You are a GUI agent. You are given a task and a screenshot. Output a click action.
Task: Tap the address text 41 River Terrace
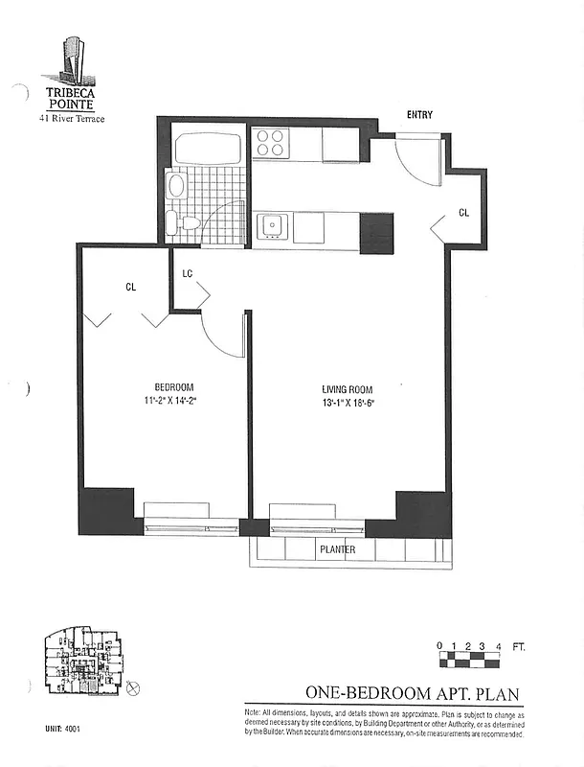71,118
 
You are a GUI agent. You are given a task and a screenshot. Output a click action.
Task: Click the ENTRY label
419,115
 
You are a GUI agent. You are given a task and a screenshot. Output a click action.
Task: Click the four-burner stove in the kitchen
271,144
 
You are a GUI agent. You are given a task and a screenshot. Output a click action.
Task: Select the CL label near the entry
463,213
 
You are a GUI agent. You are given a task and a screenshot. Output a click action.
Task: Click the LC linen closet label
188,273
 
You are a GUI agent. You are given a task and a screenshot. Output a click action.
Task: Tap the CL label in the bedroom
130,286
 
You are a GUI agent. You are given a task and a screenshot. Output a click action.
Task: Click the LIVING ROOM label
347,389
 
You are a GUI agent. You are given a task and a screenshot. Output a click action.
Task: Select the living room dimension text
347,403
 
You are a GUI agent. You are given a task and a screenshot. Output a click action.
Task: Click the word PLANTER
338,550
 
